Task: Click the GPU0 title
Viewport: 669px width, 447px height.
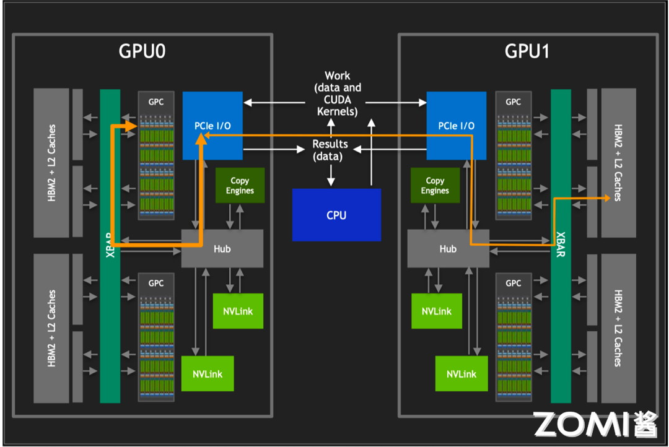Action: point(142,51)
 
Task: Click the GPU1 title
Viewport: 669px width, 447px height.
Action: point(527,51)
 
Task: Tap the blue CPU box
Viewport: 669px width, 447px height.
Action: point(336,215)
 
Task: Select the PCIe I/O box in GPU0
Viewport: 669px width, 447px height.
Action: point(212,125)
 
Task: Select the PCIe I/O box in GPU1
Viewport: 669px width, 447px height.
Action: point(457,125)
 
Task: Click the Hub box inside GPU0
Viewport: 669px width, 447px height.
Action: point(222,248)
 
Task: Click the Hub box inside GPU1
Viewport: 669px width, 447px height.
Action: point(448,248)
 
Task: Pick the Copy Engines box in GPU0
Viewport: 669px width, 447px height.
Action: point(240,185)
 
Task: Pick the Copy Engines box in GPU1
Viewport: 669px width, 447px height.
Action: point(435,185)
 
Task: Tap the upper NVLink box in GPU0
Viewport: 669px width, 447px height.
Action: point(237,311)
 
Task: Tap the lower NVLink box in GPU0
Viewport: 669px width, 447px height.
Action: point(208,373)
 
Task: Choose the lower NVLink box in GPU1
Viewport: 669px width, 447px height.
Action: point(461,373)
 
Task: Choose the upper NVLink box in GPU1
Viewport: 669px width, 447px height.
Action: point(437,311)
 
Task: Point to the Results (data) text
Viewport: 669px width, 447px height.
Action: point(330,150)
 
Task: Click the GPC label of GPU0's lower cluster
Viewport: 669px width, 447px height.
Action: point(156,283)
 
